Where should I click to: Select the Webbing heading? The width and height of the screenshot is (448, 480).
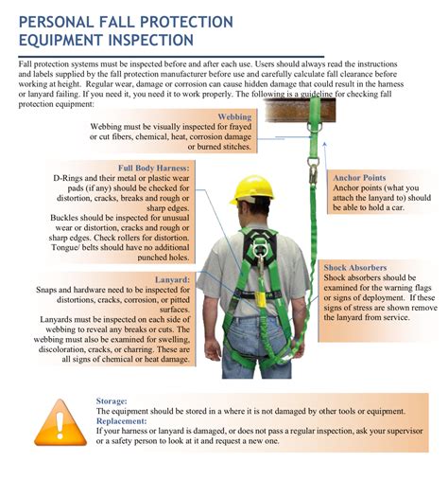click(x=234, y=116)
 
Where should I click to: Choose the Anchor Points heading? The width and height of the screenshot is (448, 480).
click(x=358, y=177)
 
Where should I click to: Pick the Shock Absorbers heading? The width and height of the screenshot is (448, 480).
click(x=355, y=268)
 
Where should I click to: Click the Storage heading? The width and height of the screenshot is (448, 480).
click(x=112, y=400)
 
